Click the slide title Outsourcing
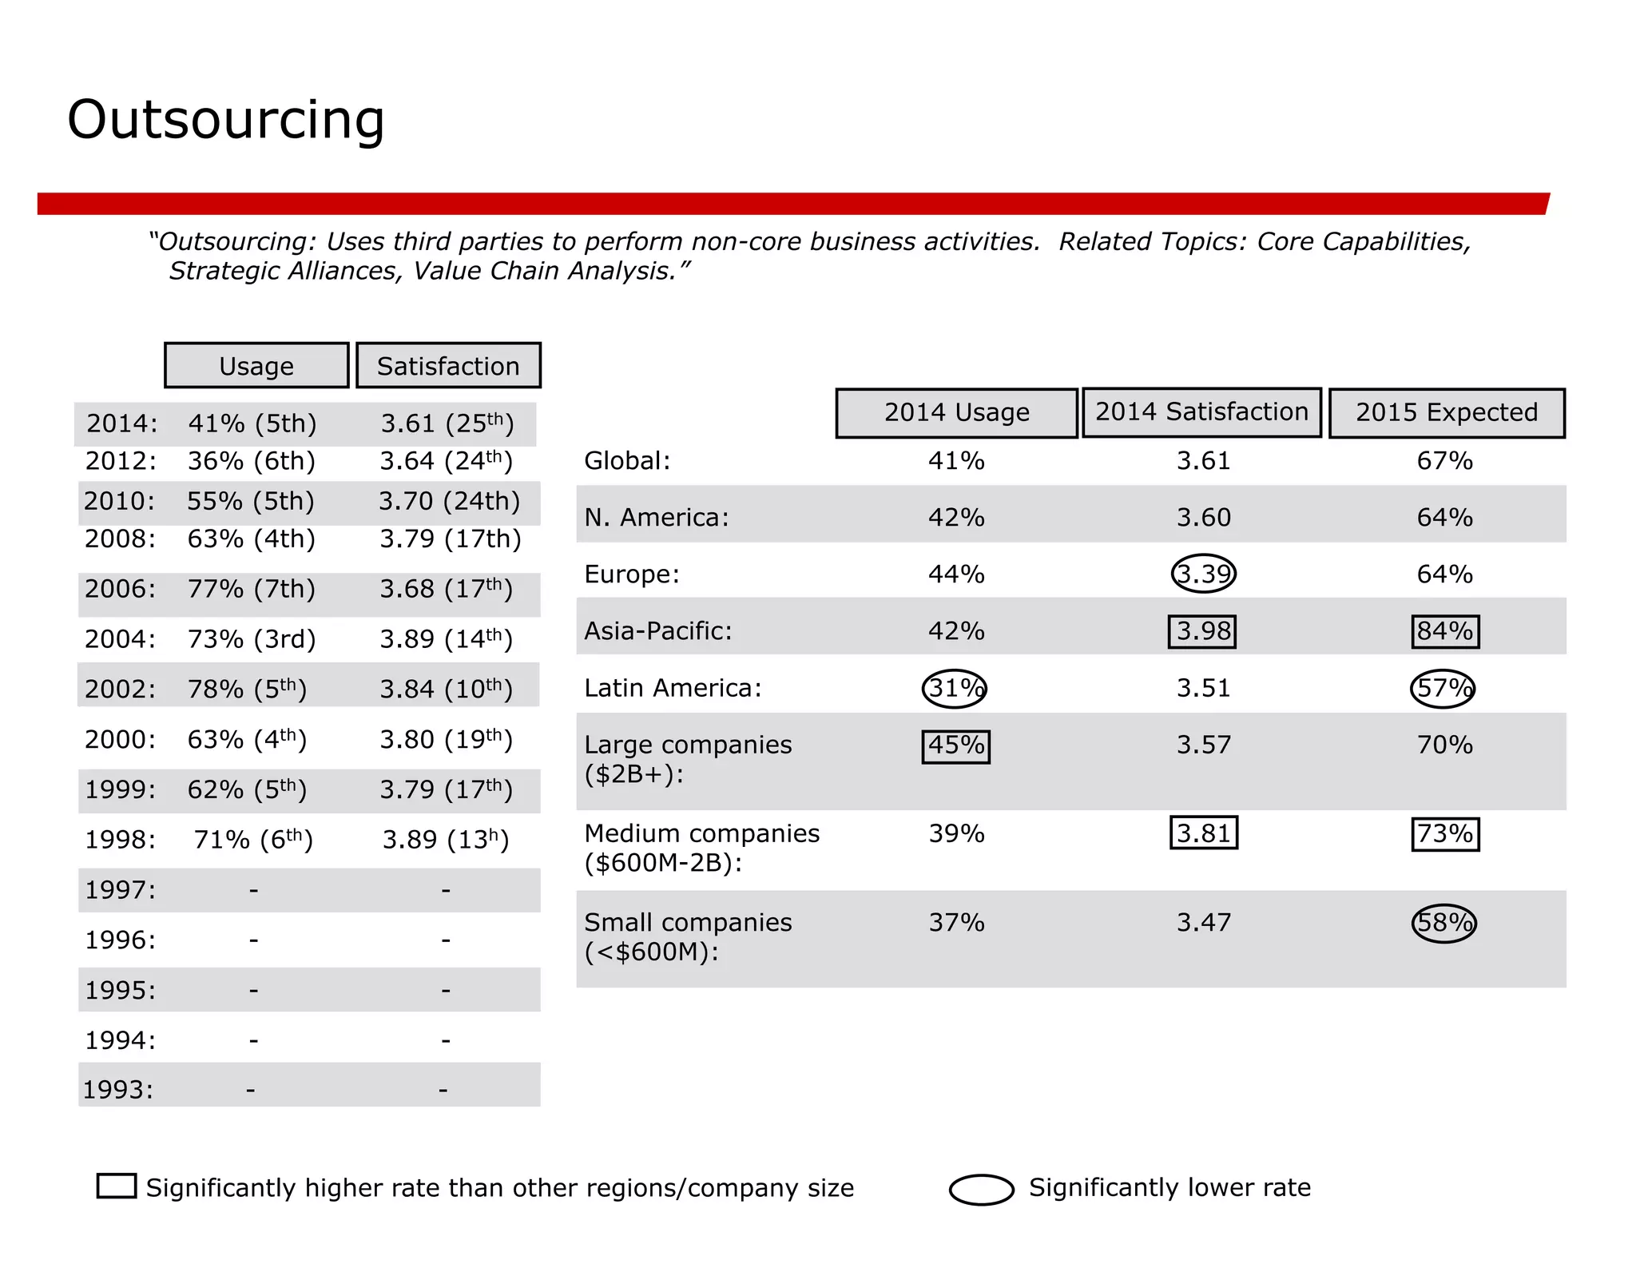click(226, 120)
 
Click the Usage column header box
click(256, 366)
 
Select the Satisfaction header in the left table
click(448, 366)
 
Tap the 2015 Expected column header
click(1446, 412)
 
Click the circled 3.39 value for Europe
click(1203, 574)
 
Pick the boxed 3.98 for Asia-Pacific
click(1202, 631)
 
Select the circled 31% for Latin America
click(955, 688)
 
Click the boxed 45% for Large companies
click(955, 746)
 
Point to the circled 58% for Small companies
click(1443, 923)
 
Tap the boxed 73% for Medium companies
click(1444, 834)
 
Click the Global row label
click(627, 461)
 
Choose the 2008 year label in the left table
click(120, 539)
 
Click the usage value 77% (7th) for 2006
click(251, 590)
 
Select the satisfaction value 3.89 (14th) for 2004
click(446, 639)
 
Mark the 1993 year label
click(118, 1090)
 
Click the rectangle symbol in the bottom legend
click(117, 1186)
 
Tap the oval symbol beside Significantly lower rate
click(981, 1189)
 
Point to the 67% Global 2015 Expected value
click(1444, 461)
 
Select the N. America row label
click(656, 518)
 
